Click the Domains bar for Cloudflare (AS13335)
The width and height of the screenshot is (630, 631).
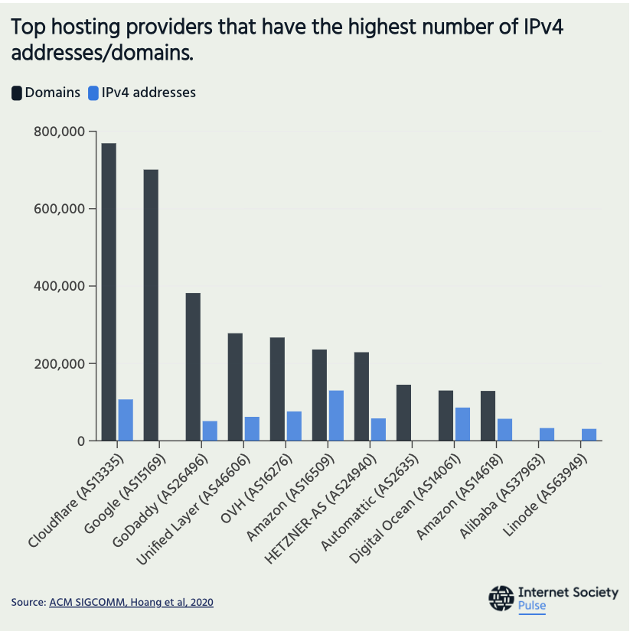click(109, 291)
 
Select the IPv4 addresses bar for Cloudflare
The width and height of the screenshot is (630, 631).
click(126, 420)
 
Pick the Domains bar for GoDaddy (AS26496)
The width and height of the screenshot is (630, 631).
click(193, 366)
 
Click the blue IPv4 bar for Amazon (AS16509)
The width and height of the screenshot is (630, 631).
click(336, 415)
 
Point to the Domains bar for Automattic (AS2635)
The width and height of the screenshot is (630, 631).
click(403, 412)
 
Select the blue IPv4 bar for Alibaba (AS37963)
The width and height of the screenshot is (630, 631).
click(547, 434)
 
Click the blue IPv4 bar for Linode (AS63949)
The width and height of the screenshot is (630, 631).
click(589, 434)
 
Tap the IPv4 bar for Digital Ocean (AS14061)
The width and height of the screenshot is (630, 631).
click(462, 424)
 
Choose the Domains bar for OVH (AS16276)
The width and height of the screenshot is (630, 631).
click(277, 389)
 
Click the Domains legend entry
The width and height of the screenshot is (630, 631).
click(45, 93)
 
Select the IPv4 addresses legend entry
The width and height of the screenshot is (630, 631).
click(142, 93)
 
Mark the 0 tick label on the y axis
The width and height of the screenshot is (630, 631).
click(79, 441)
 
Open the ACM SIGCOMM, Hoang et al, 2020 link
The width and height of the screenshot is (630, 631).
click(131, 603)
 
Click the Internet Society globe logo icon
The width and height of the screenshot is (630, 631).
click(501, 598)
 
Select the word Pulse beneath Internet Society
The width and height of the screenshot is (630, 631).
click(532, 606)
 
